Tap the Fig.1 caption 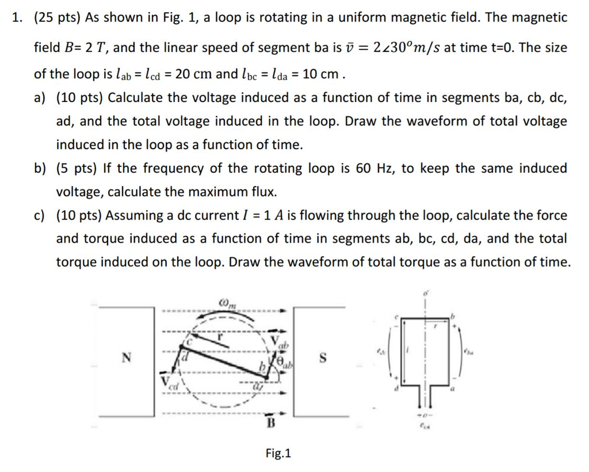pos(278,453)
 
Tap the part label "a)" pos(41,98)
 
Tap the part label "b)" pos(41,168)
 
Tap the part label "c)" pos(40,215)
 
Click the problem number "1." pos(18,17)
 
